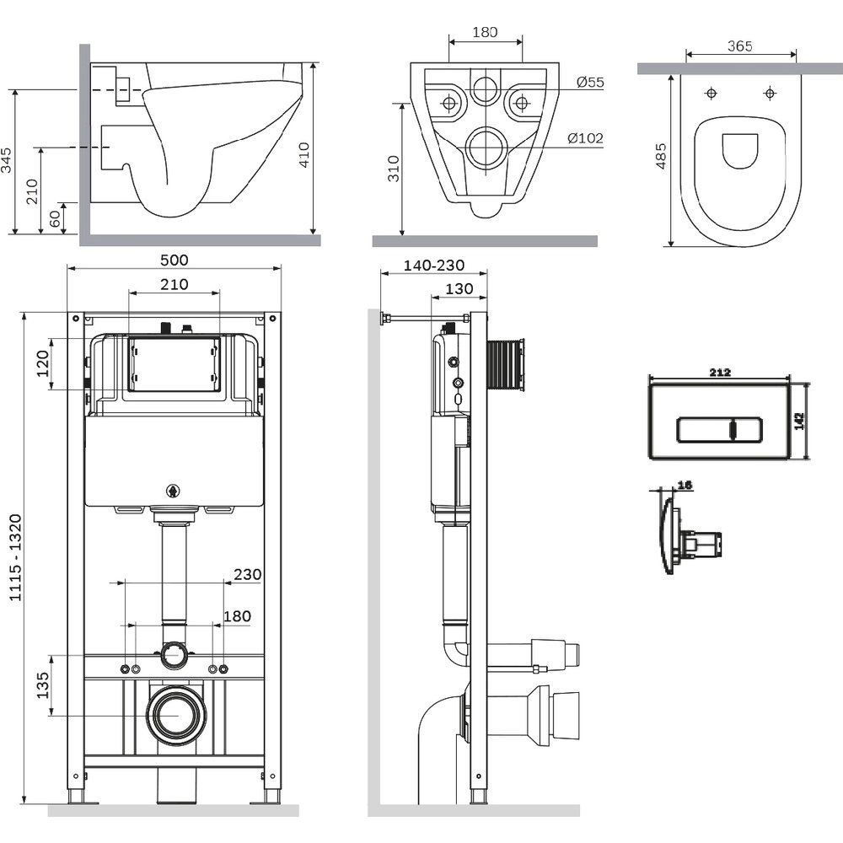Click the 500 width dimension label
175,260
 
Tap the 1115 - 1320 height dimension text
14,557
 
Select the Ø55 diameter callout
590,82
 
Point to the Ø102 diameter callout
585,138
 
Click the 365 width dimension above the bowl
738,46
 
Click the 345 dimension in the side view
8,160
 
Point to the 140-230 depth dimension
433,265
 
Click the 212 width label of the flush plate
719,372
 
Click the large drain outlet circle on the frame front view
175,713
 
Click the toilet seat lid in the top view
739,153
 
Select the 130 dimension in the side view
458,289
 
